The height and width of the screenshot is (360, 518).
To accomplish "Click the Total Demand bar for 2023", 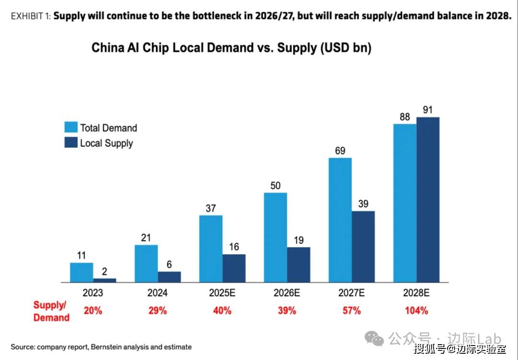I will [82, 272].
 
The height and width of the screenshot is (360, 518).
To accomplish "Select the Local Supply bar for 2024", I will [169, 277].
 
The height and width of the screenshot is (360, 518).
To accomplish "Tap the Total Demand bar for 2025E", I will [211, 249].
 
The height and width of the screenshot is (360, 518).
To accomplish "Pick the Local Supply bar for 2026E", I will [299, 264].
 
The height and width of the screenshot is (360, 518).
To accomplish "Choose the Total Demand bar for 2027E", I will [340, 220].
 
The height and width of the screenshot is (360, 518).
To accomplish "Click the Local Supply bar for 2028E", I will [428, 200].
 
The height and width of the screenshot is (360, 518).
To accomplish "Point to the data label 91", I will [428, 110].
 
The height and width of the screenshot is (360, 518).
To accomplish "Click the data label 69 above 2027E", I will [340, 151].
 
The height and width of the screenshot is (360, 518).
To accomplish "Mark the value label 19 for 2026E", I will [299, 240].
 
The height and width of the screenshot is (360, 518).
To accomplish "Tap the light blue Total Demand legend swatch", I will [71, 127].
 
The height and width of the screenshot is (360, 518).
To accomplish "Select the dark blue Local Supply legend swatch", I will [71, 143].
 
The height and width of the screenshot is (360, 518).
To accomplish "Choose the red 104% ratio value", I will [416, 311].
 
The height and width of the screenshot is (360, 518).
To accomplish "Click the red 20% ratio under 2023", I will [93, 311].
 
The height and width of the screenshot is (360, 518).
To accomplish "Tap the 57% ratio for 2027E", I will [352, 311].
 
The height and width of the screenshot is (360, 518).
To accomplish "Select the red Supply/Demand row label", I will [51, 311].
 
